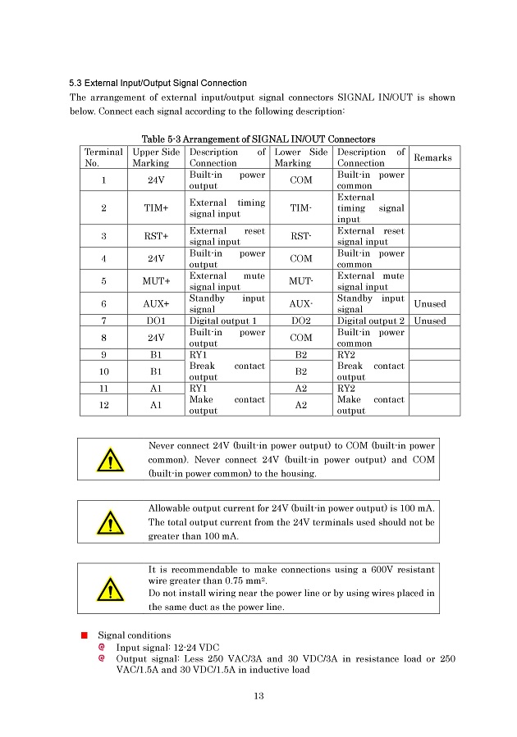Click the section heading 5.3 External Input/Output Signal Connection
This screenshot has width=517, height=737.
pos(158,83)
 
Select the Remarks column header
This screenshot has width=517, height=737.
pos(433,157)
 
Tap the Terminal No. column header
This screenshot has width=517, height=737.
pos(104,157)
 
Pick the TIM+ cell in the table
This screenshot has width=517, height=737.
pos(156,208)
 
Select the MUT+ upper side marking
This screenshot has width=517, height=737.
pos(156,282)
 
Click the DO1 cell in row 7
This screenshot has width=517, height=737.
pos(156,321)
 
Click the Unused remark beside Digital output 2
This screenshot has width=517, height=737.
pos(430,321)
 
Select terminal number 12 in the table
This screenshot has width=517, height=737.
pos(104,405)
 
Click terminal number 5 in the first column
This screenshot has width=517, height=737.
pos(104,282)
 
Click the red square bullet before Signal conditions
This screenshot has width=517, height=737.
pos(84,635)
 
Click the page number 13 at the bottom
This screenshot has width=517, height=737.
pos(258,697)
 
